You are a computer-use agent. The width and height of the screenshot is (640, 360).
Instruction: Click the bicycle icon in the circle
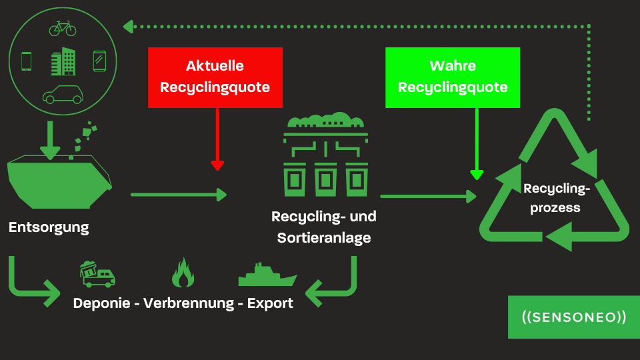[63, 29]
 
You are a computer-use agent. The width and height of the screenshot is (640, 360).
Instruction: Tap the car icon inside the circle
[62, 95]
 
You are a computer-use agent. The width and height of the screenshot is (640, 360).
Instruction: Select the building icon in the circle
[63, 61]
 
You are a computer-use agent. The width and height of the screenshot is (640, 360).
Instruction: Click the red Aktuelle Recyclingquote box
[215, 77]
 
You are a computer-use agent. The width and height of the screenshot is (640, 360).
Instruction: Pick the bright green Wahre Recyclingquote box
[453, 77]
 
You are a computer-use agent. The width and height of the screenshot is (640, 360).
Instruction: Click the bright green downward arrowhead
[476, 174]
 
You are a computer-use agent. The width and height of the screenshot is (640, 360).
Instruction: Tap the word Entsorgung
[49, 227]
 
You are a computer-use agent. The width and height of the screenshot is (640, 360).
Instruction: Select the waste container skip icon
[59, 175]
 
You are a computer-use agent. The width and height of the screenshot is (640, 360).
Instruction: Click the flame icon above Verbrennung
[182, 272]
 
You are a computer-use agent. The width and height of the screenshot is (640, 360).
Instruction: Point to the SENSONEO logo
[574, 317]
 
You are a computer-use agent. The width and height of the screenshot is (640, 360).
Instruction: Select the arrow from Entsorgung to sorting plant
[179, 195]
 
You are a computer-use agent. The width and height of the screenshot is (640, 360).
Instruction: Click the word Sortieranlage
[324, 237]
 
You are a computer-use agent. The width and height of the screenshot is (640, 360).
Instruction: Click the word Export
[270, 303]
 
